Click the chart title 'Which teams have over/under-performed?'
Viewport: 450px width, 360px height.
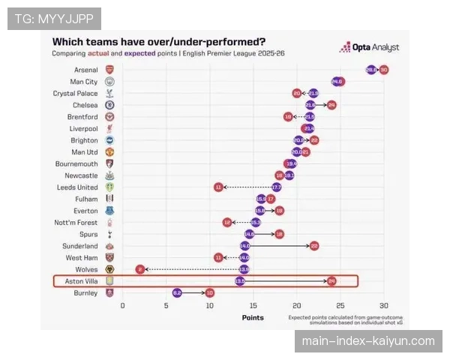(x=158, y=42)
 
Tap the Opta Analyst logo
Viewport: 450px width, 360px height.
(x=368, y=48)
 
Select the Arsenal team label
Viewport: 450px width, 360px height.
(x=85, y=69)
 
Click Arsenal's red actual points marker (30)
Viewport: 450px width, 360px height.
(x=384, y=70)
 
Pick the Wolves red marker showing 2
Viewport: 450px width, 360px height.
(x=139, y=269)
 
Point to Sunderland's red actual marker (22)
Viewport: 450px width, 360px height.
(x=314, y=246)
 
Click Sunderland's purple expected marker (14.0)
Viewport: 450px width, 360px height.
(x=244, y=246)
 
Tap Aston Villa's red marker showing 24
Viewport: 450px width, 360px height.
(x=331, y=281)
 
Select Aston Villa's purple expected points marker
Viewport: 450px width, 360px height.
(x=240, y=281)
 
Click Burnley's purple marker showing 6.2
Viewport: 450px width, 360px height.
(x=177, y=292)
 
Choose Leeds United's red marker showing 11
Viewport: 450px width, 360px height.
(x=218, y=187)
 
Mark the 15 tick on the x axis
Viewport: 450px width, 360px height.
(x=253, y=305)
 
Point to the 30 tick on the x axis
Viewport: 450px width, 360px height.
(x=384, y=305)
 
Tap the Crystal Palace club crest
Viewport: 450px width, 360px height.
(x=109, y=93)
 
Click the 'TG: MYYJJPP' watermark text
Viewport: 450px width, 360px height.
(x=54, y=18)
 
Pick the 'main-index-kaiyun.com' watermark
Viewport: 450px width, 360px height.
(x=368, y=341)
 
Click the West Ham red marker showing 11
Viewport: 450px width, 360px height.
(x=218, y=257)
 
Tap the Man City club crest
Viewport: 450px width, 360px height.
(x=109, y=81)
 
